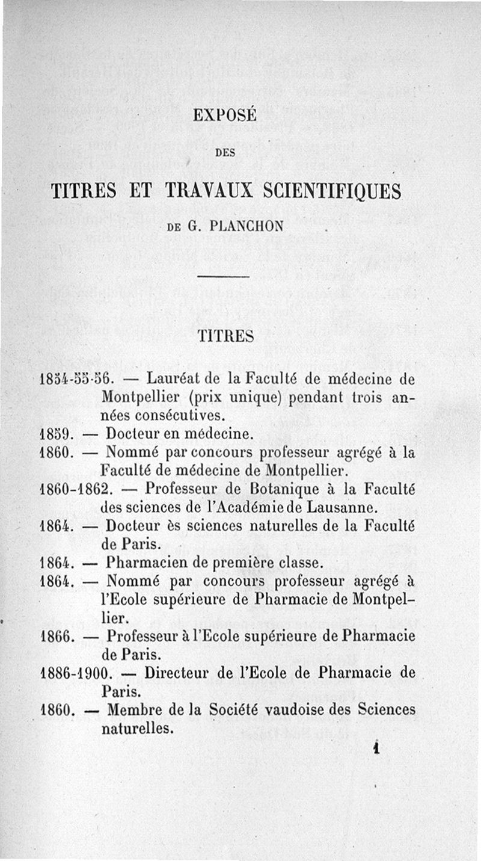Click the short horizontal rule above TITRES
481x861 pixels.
pos(223,277)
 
